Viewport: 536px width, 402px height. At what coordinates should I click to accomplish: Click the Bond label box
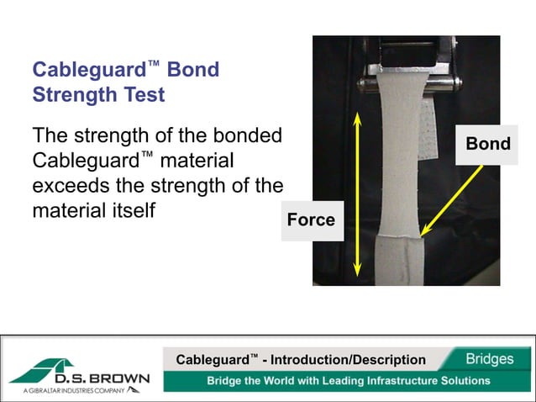pos(488,144)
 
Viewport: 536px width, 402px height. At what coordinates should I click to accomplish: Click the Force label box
pos(311,220)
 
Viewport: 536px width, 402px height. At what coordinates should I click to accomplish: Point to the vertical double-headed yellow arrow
pos(357,193)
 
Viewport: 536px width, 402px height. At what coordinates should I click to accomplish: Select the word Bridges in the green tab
pos(490,359)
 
